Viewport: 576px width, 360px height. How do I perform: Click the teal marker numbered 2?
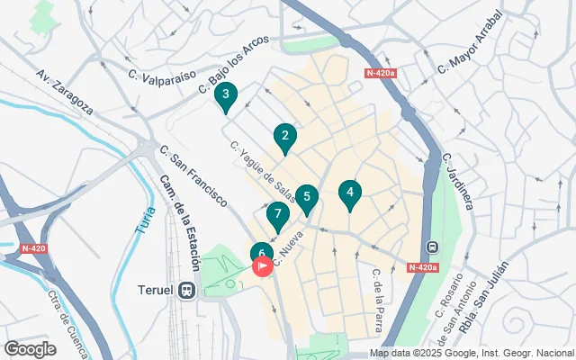[x=285, y=138]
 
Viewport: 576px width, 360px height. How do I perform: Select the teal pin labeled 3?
[x=226, y=94]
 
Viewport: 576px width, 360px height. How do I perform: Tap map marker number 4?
[x=349, y=193]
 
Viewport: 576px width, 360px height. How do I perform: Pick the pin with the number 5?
[x=307, y=198]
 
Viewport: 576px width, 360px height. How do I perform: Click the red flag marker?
[x=264, y=266]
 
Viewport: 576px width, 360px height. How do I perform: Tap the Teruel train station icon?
[x=188, y=291]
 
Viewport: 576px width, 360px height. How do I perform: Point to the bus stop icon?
[x=432, y=247]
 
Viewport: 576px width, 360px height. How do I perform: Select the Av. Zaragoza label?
[x=65, y=91]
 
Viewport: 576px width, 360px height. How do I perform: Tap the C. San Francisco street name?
[x=193, y=175]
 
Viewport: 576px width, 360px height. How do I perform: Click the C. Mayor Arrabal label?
[x=469, y=54]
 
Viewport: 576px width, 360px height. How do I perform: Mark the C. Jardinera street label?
[x=459, y=181]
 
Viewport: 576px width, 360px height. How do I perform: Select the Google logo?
[x=30, y=348]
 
